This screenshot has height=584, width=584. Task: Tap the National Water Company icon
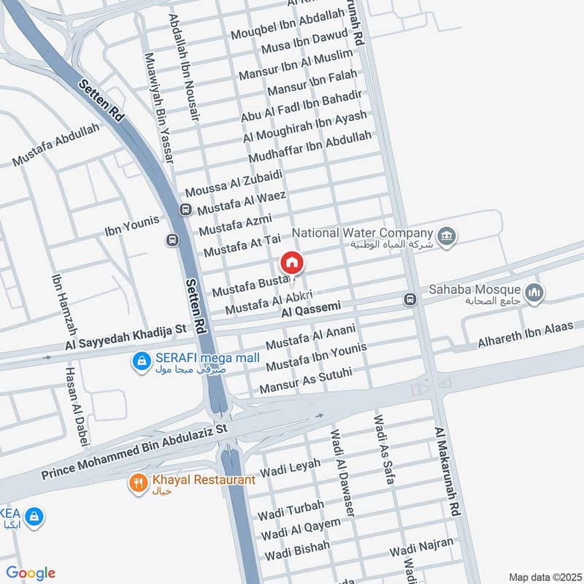click(447, 235)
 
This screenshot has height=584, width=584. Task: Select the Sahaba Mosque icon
click(536, 292)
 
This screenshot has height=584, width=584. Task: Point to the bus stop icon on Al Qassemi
click(410, 299)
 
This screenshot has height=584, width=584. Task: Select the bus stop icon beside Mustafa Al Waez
click(185, 210)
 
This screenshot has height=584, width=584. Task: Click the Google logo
click(31, 573)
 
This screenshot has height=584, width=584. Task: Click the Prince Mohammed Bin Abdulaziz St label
click(135, 453)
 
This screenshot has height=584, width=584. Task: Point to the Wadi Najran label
click(421, 544)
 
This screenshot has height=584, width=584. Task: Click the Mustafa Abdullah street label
click(55, 145)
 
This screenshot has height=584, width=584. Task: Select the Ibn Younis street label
click(131, 219)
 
